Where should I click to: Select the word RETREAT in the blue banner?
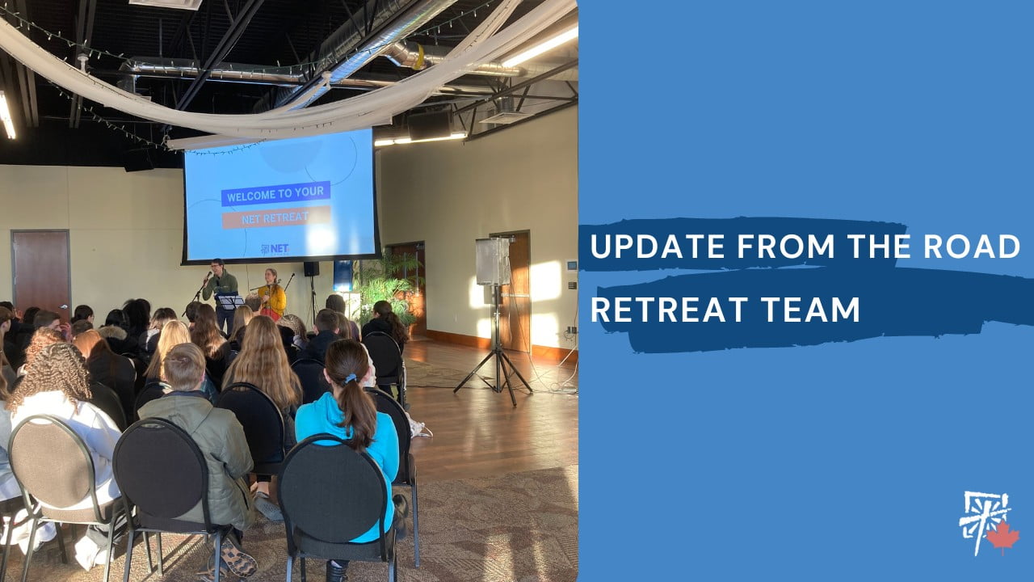coord(670,310)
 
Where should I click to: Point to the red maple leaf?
coord(1002,538)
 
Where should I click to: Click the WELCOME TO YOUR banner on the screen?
coord(275,193)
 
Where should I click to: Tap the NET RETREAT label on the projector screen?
coord(276,217)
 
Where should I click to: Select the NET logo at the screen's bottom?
coord(275,249)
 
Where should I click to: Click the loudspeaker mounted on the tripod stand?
coord(493,261)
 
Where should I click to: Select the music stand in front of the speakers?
coord(230,302)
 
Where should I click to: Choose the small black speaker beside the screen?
coord(311,269)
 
